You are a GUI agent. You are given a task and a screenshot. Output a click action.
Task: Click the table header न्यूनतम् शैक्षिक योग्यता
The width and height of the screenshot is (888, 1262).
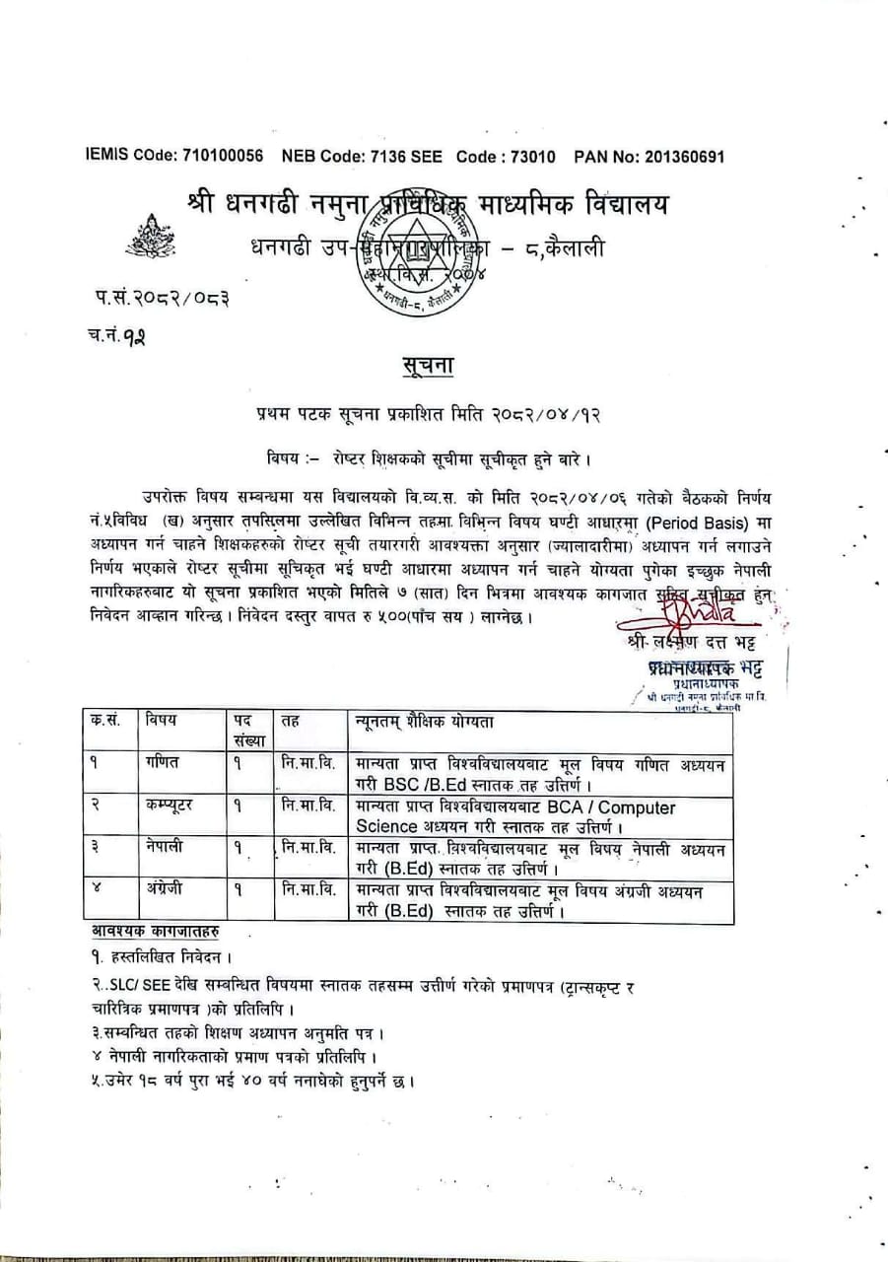(x=424, y=722)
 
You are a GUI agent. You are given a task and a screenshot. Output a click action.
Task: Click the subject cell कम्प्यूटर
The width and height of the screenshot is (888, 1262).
(x=170, y=806)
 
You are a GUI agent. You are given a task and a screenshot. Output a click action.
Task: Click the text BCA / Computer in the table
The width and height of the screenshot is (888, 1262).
(x=609, y=806)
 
